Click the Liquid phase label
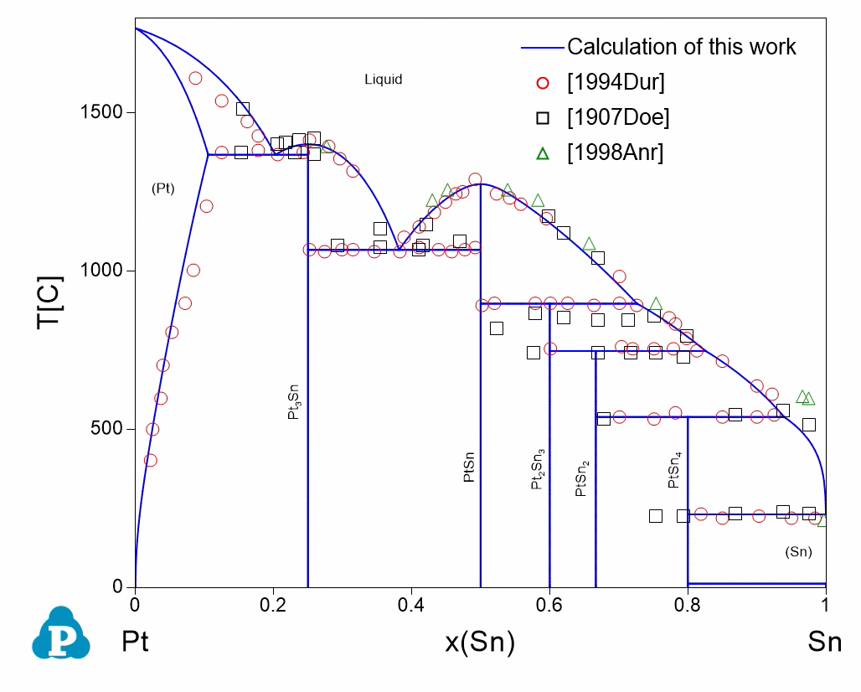pos(383,80)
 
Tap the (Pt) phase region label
pos(162,188)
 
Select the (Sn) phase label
pos(798,552)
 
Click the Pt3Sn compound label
pos(294,403)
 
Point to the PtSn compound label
pos(469,466)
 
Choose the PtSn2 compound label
pos(582,478)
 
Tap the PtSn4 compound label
pos(674,471)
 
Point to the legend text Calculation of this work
pos(681,46)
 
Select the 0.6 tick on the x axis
pos(549,604)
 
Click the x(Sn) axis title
pos(479,643)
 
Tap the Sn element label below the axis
pos(824,643)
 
